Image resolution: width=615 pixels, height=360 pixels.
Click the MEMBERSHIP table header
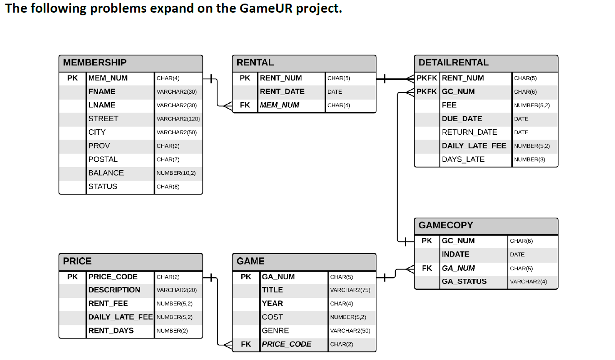[95, 63]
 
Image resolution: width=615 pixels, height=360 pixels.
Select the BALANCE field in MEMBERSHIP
[106, 173]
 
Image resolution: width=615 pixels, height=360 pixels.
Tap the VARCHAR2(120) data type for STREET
[178, 119]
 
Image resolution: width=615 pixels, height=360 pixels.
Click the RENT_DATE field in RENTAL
[282, 91]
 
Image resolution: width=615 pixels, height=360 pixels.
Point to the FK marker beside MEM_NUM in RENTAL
[245, 105]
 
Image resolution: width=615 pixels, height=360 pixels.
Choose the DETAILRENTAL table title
[453, 63]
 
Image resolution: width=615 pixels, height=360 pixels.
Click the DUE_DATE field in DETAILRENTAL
[461, 118]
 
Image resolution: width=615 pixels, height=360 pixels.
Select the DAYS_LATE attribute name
[463, 159]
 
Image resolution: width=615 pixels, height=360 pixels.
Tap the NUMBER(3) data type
[529, 159]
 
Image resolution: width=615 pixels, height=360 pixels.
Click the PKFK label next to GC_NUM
[426, 91]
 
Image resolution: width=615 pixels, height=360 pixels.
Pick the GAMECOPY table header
[446, 225]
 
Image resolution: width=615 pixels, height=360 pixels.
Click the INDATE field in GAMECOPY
[455, 254]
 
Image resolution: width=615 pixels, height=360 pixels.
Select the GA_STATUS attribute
[464, 282]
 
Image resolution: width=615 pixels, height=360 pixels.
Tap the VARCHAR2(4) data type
[528, 282]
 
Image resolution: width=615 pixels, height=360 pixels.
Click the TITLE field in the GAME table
[272, 290]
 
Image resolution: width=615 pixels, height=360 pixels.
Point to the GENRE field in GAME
[275, 330]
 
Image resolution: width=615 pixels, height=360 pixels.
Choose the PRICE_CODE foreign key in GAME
[286, 344]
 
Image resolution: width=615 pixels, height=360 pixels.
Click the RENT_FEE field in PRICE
[108, 303]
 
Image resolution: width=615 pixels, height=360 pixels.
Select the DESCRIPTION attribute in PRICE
[114, 290]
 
